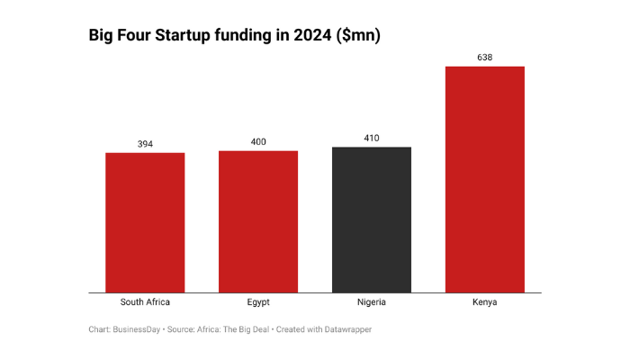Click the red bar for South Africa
point(145,222)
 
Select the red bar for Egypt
point(258,221)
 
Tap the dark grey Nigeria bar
point(372,220)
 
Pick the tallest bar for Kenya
point(485,179)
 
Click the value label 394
point(145,144)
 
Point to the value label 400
point(258,142)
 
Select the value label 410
point(372,139)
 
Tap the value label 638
point(485,58)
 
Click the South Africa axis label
point(145,302)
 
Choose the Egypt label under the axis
point(258,302)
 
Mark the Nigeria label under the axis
point(372,302)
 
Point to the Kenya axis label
point(485,302)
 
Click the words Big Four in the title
point(120,36)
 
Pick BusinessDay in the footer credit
point(137,329)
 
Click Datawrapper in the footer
point(346,329)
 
